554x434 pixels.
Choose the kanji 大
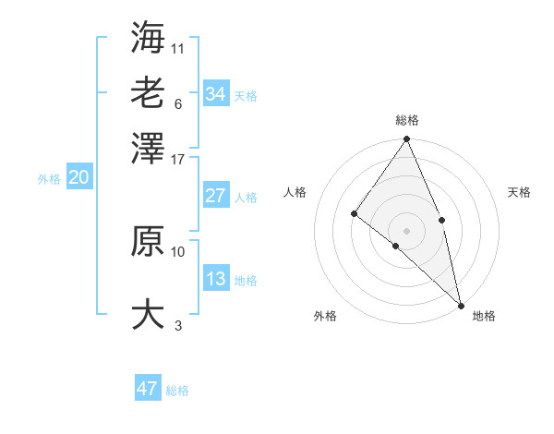tap(148, 313)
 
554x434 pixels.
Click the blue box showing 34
tap(215, 93)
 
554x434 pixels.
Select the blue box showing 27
tap(215, 196)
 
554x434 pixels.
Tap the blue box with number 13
tap(215, 279)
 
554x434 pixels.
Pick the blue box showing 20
tap(78, 178)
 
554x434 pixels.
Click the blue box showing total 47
tap(148, 389)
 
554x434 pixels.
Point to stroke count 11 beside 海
tap(178, 47)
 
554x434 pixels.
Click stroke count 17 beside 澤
tap(178, 158)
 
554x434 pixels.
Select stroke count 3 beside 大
tap(178, 325)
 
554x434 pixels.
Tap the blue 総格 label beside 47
tap(177, 391)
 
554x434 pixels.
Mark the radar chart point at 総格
tap(406, 139)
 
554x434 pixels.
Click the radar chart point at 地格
tap(460, 304)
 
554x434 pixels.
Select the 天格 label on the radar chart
tap(520, 192)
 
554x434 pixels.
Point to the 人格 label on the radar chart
tap(295, 192)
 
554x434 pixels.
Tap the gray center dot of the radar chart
tap(406, 230)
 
